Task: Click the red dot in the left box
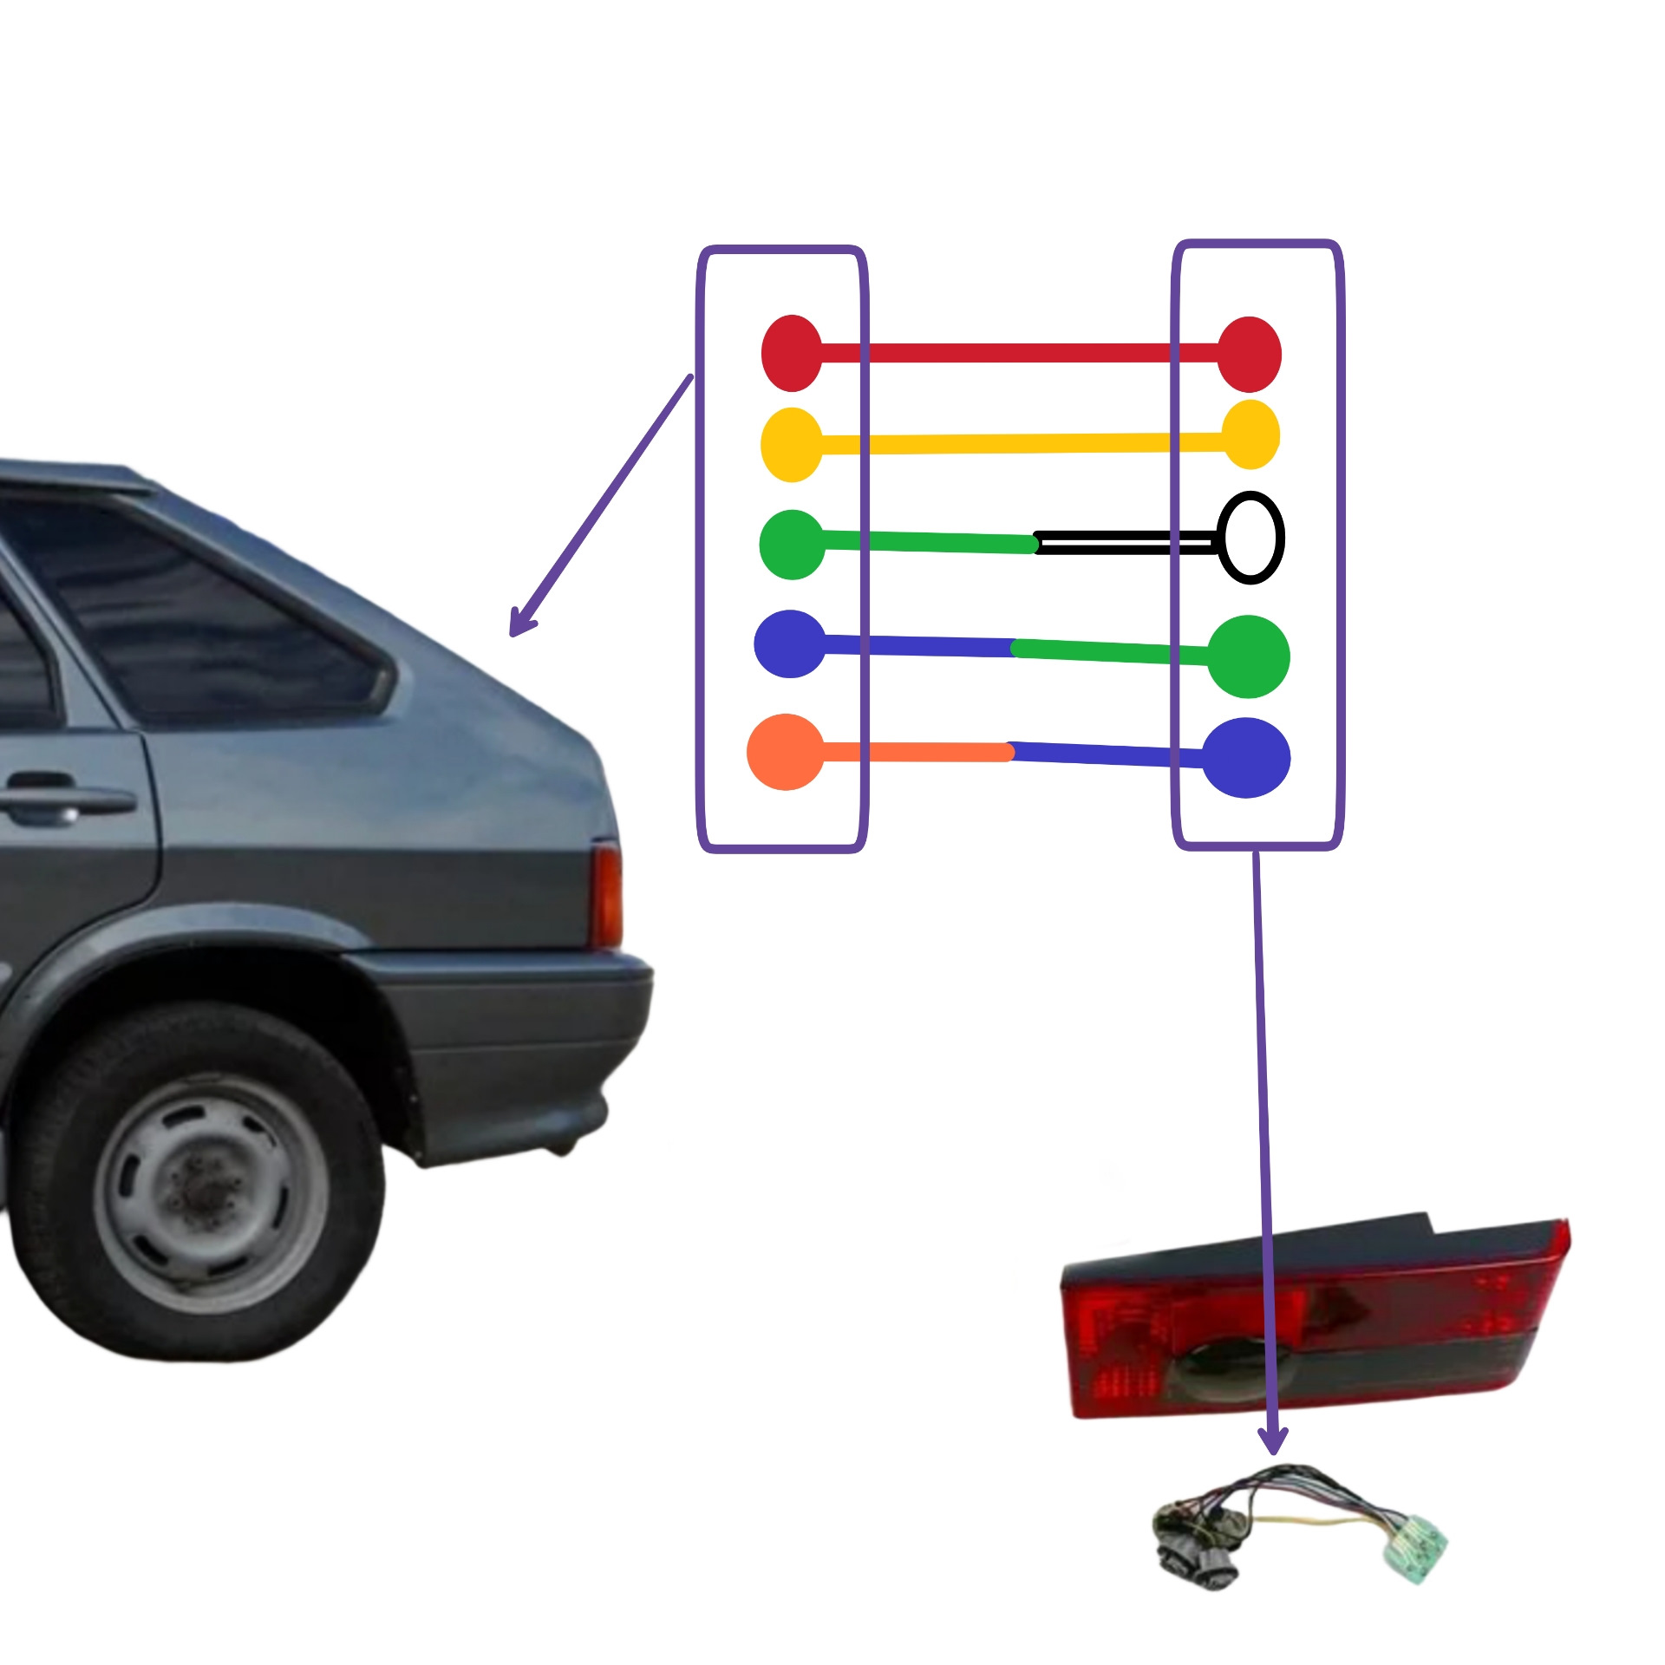tap(792, 353)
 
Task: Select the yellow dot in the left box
tap(792, 445)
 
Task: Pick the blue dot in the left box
tap(790, 643)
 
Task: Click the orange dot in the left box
tap(786, 752)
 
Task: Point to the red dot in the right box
tap(1249, 354)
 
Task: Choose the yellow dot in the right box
tap(1250, 434)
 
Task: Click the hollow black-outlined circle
tap(1250, 538)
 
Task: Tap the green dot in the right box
tap(1248, 656)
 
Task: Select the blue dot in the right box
tap(1246, 757)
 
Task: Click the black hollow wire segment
tap(1127, 544)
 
